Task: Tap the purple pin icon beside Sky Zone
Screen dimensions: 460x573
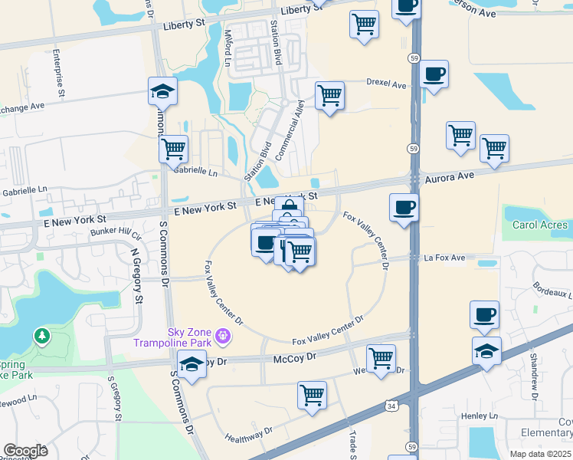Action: [x=223, y=335]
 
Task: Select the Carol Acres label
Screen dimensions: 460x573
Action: [x=541, y=225]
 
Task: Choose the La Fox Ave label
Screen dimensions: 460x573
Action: [x=444, y=258]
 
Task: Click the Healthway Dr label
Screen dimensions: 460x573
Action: [x=248, y=437]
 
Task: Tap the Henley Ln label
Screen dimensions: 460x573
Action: [x=480, y=416]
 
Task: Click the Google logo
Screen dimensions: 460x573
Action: [x=25, y=451]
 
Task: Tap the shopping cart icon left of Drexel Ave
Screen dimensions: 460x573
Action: [x=329, y=96]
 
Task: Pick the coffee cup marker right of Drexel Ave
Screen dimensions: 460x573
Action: [x=434, y=74]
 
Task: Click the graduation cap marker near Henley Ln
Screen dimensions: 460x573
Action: [x=487, y=352]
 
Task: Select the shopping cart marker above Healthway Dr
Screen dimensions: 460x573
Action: [x=312, y=396]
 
